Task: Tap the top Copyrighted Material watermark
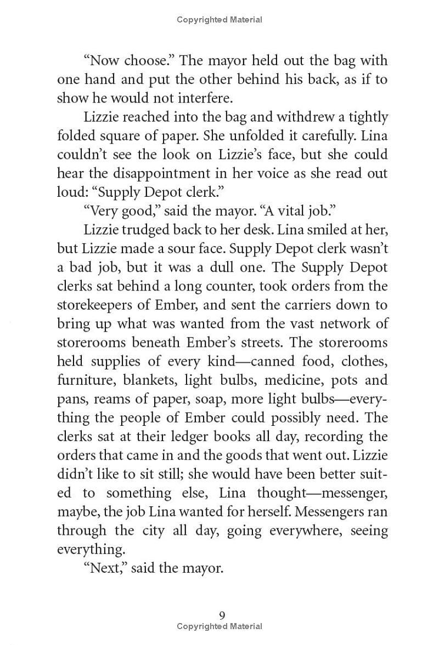(x=219, y=20)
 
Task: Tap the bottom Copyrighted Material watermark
(x=219, y=626)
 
